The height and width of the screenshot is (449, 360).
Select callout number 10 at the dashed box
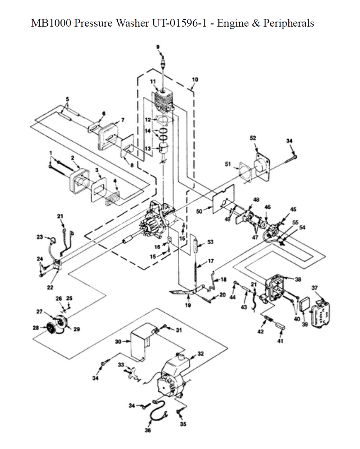coord(195,80)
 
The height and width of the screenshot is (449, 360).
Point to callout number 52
coord(253,138)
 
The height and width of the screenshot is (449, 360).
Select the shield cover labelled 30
coord(141,342)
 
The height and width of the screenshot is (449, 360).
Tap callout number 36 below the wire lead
coord(148,430)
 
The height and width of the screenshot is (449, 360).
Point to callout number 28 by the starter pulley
coord(36,328)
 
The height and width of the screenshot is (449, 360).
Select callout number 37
coord(315,287)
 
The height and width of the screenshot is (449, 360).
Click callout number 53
coord(210,242)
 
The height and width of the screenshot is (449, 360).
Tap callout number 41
coord(280,341)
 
